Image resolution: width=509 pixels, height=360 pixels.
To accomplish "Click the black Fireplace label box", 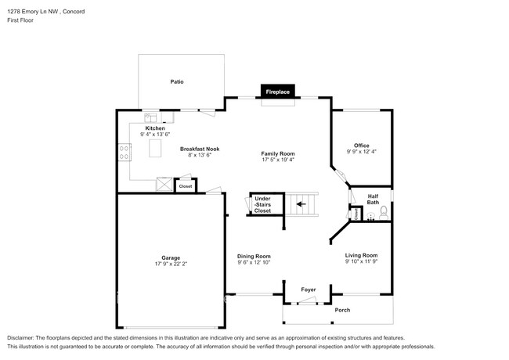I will pos(277,92).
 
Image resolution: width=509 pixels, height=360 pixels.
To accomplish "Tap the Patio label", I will pos(177,81).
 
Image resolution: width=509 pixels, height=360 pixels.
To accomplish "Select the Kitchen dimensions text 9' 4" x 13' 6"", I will pos(154,135).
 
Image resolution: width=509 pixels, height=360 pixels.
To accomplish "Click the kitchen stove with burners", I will pos(124,152).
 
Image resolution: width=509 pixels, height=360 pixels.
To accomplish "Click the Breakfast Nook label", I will pos(200,148).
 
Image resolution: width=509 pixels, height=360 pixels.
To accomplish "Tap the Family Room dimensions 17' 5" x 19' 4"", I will pos(278,160).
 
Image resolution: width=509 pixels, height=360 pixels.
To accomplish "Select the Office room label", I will pos(361,145).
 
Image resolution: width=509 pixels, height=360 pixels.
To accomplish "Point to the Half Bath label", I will pos(373,200).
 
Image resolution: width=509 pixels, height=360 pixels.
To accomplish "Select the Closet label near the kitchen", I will pos(186,186).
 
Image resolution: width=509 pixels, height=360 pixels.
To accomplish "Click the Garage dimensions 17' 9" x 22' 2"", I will pos(171,264).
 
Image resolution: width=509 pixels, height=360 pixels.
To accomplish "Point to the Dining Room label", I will pos(254,256).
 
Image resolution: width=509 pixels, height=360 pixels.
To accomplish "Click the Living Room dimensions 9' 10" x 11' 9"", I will pos(362,261).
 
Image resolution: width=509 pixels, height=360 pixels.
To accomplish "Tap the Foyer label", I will pos(309,290).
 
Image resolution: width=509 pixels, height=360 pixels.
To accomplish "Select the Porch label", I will pos(342,310).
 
